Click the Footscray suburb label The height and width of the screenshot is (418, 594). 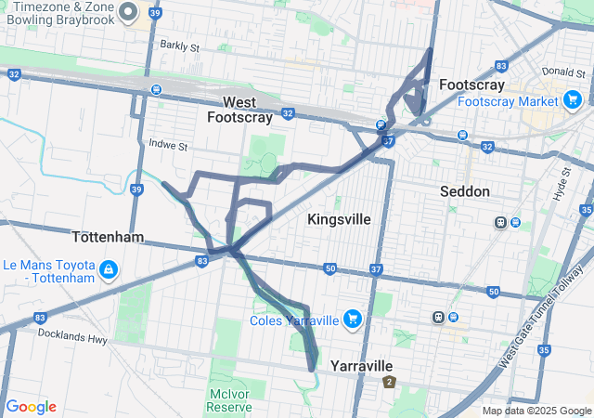471,84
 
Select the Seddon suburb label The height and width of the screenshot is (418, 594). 466,190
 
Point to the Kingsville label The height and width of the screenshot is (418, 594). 339,219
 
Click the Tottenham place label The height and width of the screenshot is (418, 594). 108,237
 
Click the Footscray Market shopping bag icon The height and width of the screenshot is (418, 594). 572,100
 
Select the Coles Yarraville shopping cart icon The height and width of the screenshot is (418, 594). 352,320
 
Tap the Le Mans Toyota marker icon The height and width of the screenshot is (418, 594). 109,270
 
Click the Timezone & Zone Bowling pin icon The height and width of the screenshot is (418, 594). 129,12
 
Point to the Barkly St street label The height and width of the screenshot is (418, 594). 179,45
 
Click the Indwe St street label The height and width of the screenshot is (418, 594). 168,146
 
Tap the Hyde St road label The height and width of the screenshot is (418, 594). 562,180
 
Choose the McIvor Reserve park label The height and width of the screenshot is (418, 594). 228,400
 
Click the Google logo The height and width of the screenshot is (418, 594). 31,407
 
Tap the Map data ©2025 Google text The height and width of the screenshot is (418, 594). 536,411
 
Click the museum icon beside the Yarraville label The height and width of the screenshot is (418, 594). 389,381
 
